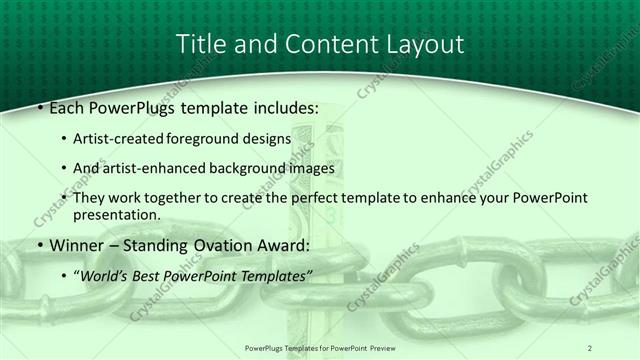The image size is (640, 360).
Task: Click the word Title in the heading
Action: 199,44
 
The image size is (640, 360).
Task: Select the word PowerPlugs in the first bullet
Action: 131,106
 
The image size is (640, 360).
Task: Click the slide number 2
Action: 589,347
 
